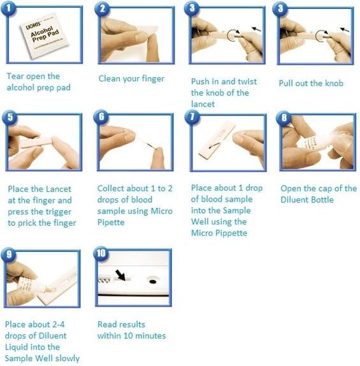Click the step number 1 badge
coord(8,8)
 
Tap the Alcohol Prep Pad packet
coord(44,35)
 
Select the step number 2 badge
coord(103,8)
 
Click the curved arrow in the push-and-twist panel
coord(233,35)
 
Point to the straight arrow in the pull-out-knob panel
coord(344,29)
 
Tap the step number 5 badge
coord(10,117)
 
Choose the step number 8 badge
coord(284,117)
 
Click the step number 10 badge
coord(101,253)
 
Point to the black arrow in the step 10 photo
coord(120,275)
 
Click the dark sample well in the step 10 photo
coord(152,282)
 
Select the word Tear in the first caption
coord(15,77)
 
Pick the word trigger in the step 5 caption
coord(59,212)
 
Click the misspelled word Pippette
coord(231,233)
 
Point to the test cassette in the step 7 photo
coord(217,140)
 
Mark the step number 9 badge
coord(9,254)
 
